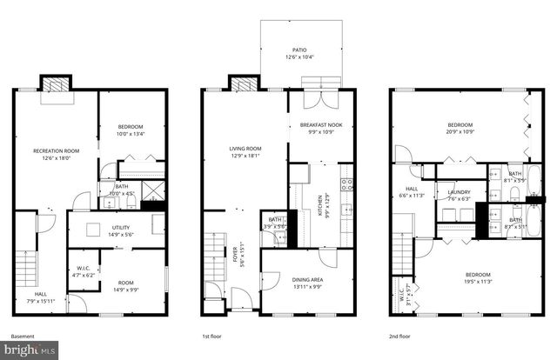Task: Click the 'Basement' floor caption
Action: pos(23,336)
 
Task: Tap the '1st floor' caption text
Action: pos(211,336)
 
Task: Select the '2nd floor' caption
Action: pos(400,336)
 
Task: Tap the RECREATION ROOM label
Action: pos(56,151)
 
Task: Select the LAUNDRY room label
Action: pos(458,192)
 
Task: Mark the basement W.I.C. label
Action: pos(84,270)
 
